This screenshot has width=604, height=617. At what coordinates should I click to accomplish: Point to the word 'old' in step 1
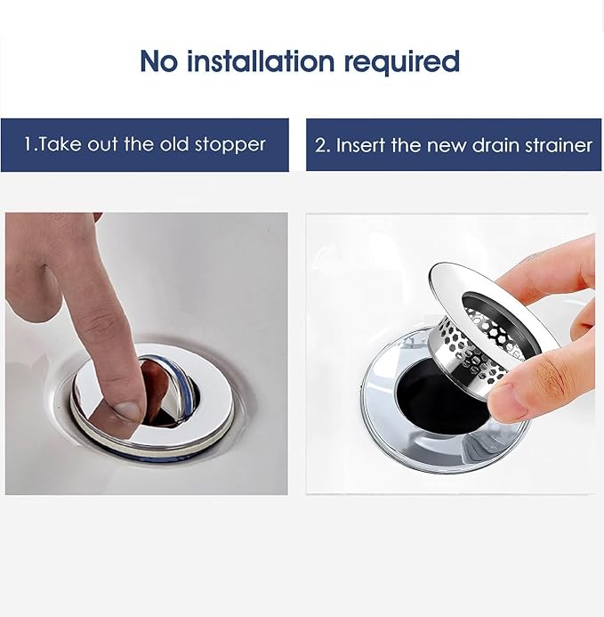(175, 144)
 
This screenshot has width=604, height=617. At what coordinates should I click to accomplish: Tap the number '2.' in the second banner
(322, 145)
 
